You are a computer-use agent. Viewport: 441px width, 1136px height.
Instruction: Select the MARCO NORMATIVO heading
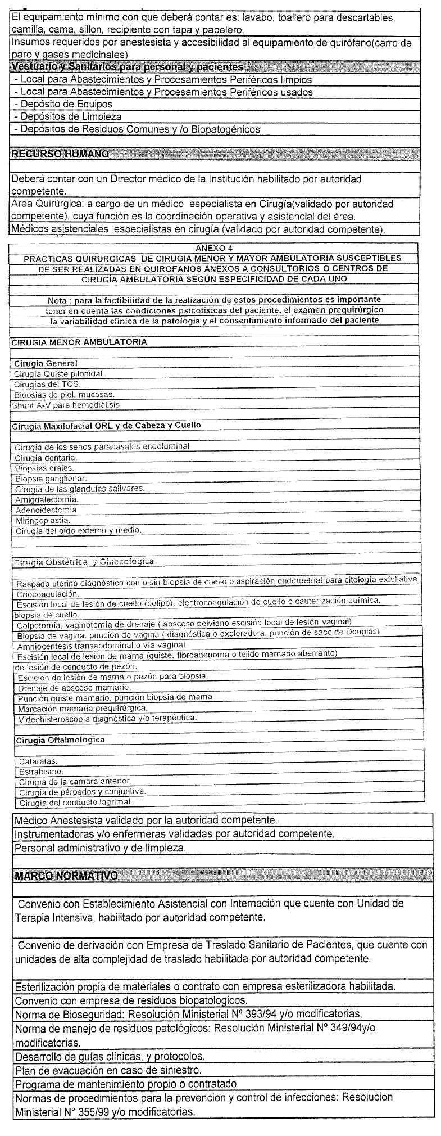pos(66,876)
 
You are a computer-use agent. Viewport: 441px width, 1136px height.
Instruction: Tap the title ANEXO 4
pos(214,248)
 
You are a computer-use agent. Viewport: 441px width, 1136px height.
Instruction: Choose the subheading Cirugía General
pos(46,363)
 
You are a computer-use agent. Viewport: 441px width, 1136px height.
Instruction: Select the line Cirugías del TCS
pos(48,384)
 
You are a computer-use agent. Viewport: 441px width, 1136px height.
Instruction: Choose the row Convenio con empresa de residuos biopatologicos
pos(131,1001)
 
